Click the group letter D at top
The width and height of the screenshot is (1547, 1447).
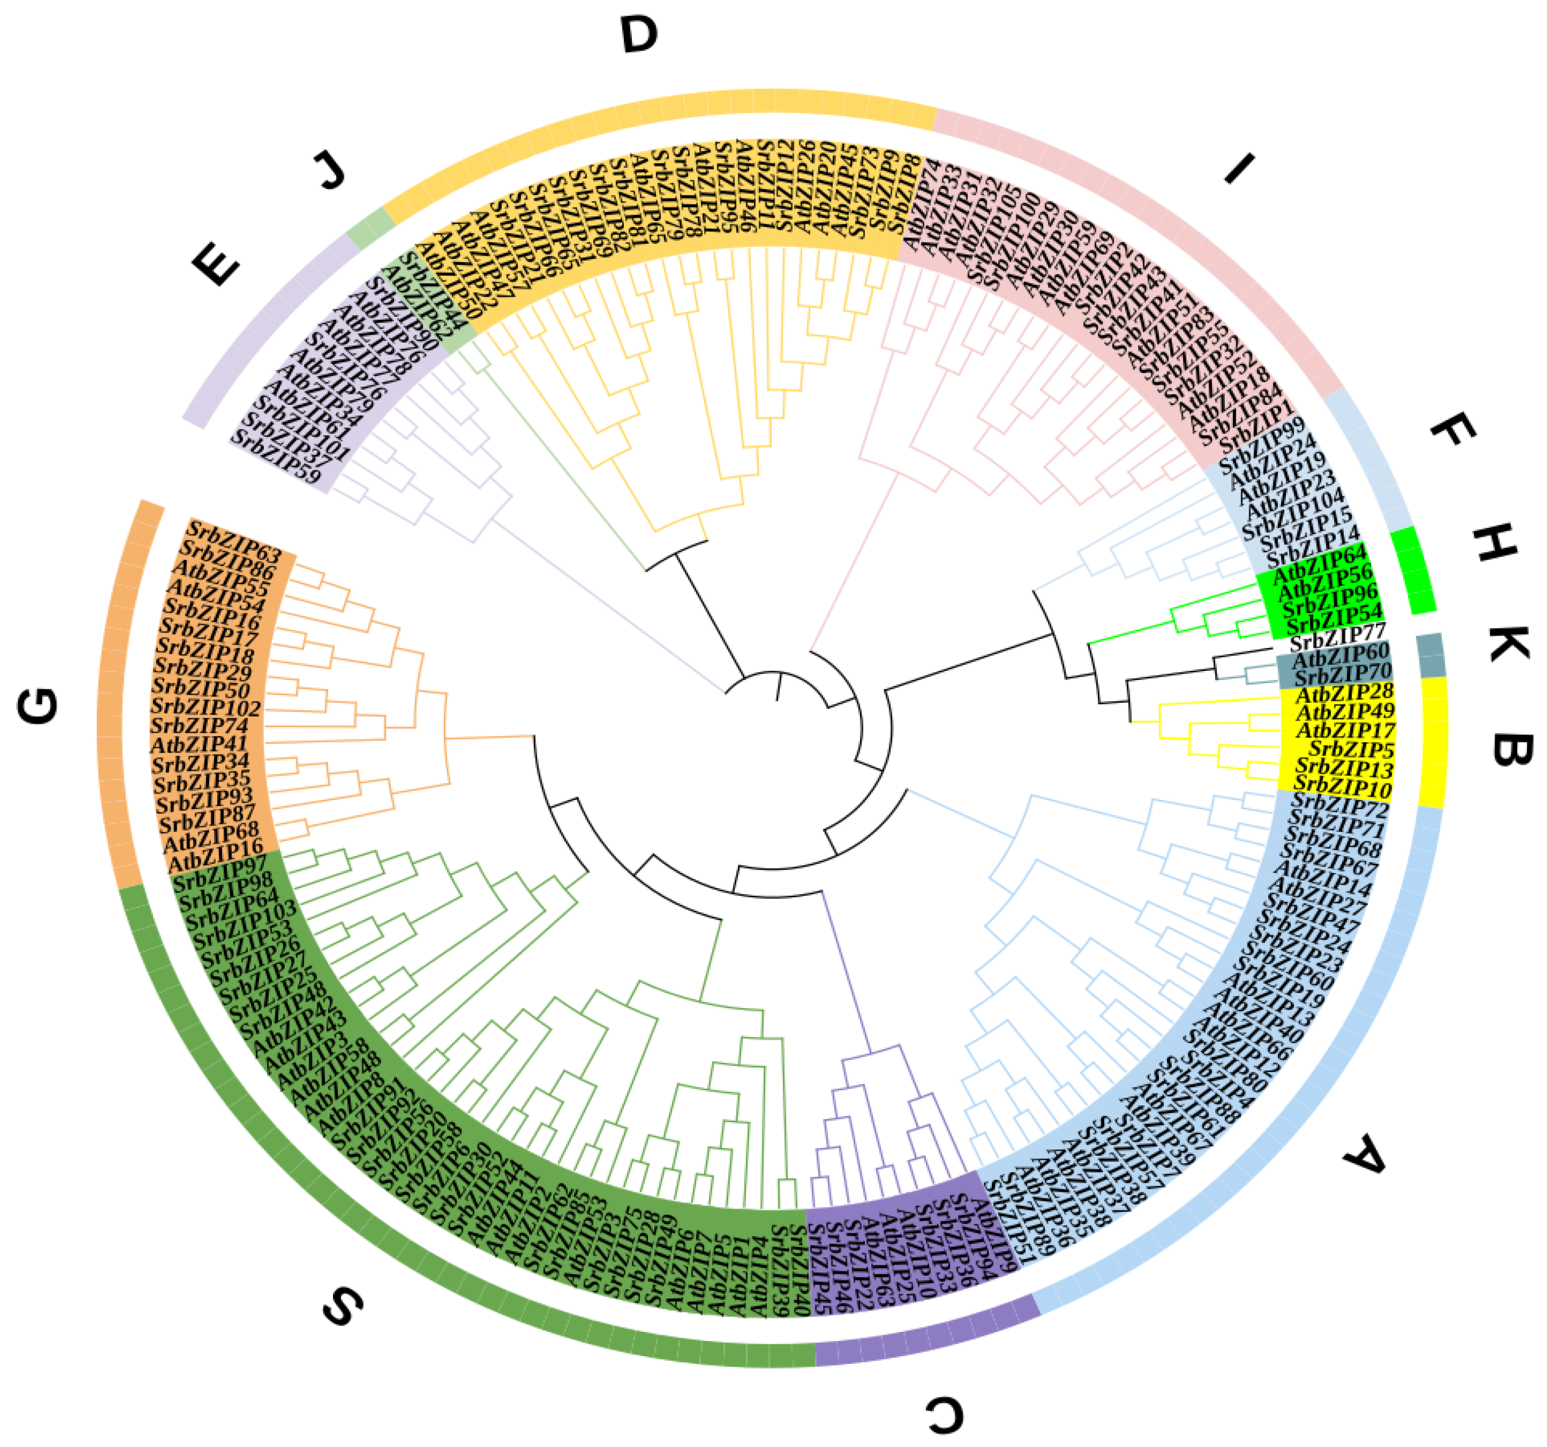coord(639,36)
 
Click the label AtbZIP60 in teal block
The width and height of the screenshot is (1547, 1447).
coord(1340,655)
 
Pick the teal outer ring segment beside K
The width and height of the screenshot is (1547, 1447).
coord(1430,655)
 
